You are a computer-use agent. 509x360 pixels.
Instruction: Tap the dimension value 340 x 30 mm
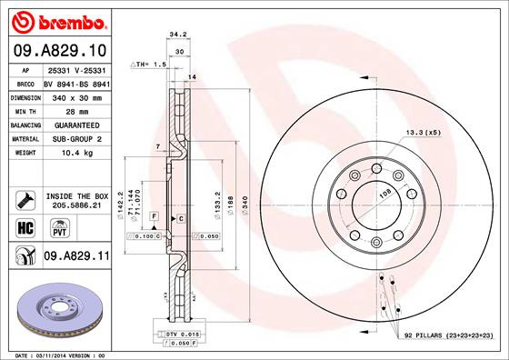(x=75, y=95)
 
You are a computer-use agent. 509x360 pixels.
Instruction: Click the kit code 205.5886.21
(x=76, y=206)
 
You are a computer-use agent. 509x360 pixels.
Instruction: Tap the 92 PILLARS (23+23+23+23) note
(x=446, y=337)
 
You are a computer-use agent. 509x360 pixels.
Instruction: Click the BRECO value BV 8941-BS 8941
(x=75, y=81)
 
